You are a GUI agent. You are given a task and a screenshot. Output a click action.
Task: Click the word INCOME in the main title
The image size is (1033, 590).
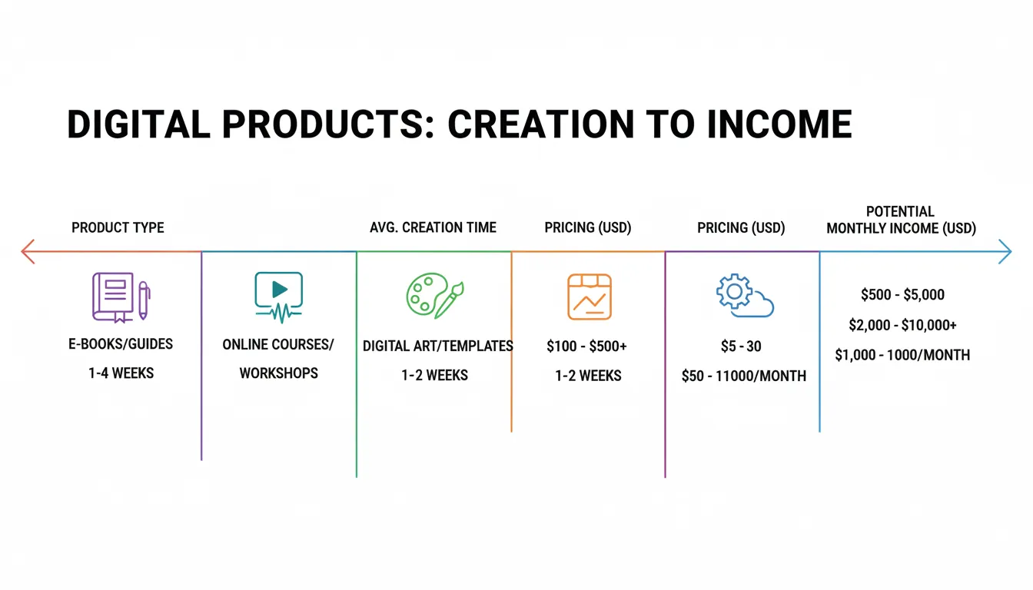[x=779, y=124]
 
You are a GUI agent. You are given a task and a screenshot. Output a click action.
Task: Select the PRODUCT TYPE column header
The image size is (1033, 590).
[x=118, y=227]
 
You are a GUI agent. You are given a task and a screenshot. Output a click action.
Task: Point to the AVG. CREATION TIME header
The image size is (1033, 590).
[x=433, y=227]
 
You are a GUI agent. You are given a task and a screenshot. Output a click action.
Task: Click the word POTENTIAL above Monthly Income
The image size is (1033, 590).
[x=900, y=211]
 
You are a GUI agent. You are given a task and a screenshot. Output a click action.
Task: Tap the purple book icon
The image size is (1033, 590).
[x=121, y=297]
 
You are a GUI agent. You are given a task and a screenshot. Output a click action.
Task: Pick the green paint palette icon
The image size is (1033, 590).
[x=435, y=295]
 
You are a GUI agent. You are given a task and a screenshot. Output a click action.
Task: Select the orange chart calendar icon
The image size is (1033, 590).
[x=590, y=297]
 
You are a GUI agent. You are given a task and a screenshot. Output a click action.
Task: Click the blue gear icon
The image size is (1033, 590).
[x=735, y=291]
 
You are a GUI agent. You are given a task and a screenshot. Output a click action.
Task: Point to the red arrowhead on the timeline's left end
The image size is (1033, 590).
[x=28, y=252]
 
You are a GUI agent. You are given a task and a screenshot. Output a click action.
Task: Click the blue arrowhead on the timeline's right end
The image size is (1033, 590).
[x=1005, y=252]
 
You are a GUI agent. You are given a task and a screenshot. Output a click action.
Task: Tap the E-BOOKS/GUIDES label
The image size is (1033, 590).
[x=121, y=344]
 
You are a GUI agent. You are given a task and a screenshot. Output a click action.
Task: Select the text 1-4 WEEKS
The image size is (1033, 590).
[x=121, y=373]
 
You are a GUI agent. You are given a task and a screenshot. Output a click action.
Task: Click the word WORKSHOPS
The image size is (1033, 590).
[x=278, y=373]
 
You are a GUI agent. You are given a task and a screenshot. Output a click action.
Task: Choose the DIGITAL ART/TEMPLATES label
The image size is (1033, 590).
[x=437, y=346]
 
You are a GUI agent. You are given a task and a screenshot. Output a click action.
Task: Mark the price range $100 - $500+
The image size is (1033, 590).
[x=586, y=346]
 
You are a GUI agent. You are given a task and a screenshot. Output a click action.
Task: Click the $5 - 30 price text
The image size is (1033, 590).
[x=741, y=346]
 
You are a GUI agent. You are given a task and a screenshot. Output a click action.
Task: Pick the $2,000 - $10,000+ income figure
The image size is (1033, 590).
[x=902, y=325]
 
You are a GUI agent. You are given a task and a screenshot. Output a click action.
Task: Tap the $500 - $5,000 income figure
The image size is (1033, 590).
[x=902, y=294]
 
